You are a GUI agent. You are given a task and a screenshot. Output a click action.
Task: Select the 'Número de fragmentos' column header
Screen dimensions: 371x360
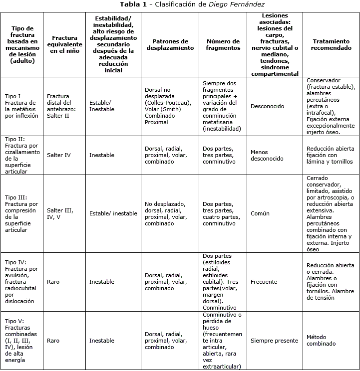click(223, 44)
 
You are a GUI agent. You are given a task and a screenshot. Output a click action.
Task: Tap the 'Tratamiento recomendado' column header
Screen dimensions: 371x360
click(331, 44)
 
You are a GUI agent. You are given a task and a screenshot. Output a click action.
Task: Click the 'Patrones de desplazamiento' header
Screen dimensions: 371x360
click(170, 44)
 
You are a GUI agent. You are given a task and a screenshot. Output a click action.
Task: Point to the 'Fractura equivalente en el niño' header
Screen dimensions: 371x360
click(64, 44)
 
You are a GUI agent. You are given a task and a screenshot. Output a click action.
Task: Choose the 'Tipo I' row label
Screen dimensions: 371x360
click(21, 106)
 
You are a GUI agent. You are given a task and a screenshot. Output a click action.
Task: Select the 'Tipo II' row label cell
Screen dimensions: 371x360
click(21, 155)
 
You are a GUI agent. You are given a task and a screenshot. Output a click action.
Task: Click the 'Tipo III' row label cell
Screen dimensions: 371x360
click(21, 213)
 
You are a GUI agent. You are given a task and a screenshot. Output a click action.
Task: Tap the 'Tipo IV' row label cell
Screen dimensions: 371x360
click(21, 282)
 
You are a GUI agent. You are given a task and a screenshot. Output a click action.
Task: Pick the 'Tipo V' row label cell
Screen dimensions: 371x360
click(21, 341)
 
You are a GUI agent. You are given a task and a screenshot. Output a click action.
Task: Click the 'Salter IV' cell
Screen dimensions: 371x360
click(59, 155)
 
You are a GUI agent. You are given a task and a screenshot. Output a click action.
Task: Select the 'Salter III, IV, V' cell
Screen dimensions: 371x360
click(60, 213)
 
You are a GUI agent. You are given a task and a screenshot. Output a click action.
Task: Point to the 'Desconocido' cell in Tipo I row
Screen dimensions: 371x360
click(268, 106)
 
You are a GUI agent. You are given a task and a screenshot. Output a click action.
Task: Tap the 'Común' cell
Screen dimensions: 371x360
click(260, 213)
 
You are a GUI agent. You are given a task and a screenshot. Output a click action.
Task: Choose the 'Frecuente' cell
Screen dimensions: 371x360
click(264, 282)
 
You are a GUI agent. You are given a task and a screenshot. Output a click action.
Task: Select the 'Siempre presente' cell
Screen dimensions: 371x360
click(274, 341)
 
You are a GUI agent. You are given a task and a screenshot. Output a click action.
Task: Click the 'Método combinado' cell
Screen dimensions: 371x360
click(321, 341)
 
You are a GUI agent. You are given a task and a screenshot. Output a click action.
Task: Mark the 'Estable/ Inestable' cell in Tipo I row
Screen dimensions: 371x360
click(102, 106)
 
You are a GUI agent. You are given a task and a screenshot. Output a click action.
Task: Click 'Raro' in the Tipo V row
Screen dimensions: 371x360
click(53, 341)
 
